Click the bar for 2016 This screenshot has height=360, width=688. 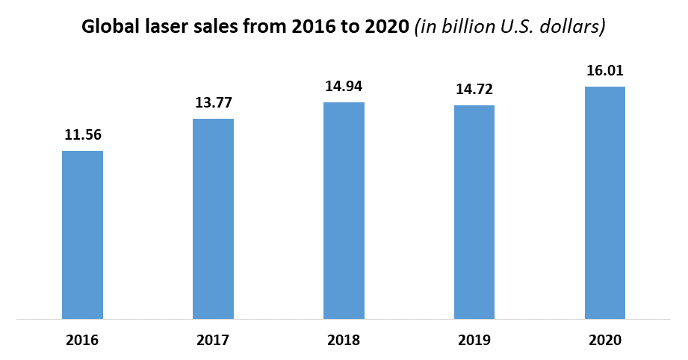point(82,235)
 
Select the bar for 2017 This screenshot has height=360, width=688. point(213,219)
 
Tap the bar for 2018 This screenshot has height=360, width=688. point(344,211)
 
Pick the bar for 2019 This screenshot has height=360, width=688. point(474,212)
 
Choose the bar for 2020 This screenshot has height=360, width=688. point(604,203)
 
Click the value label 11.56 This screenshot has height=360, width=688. point(82,135)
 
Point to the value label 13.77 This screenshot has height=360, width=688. point(213,103)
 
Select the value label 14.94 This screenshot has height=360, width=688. point(344,87)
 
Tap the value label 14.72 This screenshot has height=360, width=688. point(474,90)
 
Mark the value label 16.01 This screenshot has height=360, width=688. point(604,71)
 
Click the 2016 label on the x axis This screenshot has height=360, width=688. point(82,341)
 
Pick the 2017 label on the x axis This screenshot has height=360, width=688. point(213,341)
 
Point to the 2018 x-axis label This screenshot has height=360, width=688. point(344,341)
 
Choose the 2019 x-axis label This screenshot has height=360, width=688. point(474,341)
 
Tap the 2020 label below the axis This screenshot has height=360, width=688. point(604,341)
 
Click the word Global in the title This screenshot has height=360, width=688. point(108,28)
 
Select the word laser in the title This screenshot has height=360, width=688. point(161,28)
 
